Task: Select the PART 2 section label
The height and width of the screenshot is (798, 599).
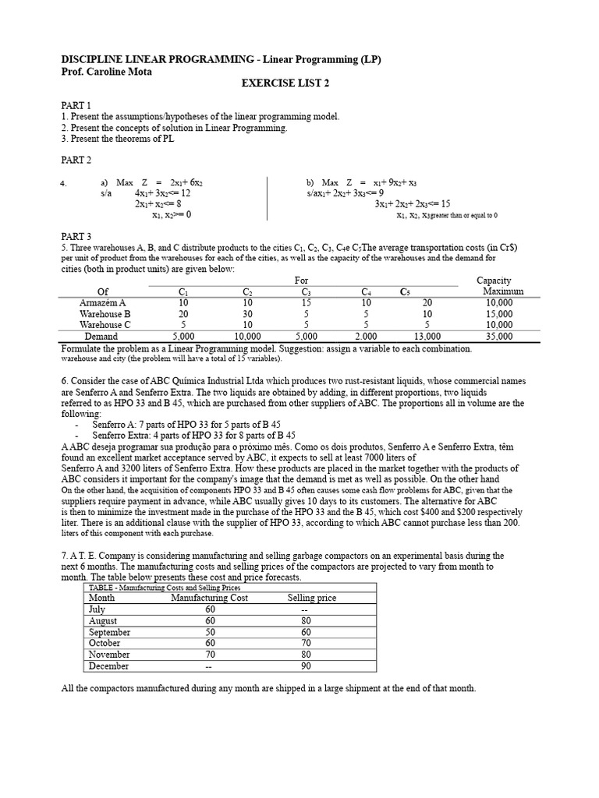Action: (x=76, y=161)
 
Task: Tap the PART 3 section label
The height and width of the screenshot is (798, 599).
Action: (x=76, y=236)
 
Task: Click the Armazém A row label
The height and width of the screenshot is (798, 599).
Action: (x=102, y=303)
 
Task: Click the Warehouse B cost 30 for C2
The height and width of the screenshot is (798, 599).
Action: (x=248, y=314)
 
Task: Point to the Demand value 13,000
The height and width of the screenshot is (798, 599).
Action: (x=427, y=337)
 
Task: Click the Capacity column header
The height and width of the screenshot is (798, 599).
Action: (x=494, y=280)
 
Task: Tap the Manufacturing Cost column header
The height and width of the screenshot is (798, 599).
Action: (x=210, y=598)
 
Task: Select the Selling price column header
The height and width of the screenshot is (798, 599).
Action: (x=312, y=598)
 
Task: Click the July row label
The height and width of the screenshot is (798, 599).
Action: (x=97, y=609)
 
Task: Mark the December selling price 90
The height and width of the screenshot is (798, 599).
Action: (x=307, y=666)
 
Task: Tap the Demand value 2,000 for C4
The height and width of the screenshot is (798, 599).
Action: (x=365, y=337)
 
